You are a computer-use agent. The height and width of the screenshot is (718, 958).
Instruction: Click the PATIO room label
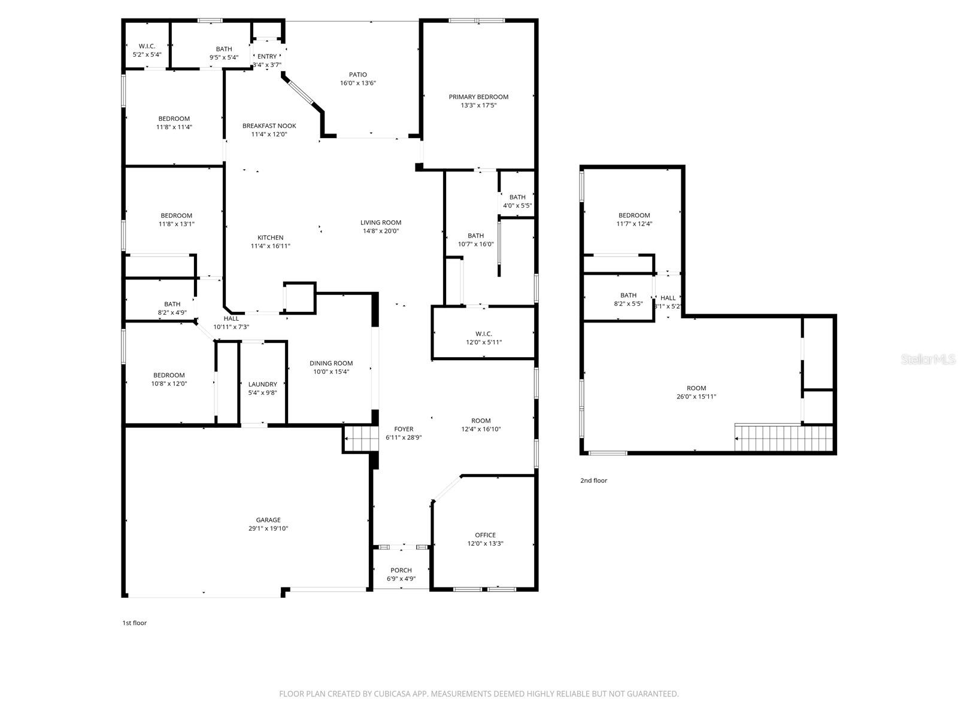click(x=358, y=75)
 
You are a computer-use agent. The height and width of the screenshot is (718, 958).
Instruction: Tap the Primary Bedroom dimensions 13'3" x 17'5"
click(x=478, y=105)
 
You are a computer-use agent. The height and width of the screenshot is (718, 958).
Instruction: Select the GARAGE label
click(x=268, y=520)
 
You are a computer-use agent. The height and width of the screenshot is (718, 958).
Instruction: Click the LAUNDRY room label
click(x=262, y=384)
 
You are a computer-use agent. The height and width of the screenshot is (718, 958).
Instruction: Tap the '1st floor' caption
click(x=135, y=623)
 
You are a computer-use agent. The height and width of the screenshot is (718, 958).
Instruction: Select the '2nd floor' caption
click(x=593, y=480)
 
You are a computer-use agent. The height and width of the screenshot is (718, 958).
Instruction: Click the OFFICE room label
click(x=485, y=535)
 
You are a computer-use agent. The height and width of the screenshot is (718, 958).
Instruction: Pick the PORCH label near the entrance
click(x=401, y=570)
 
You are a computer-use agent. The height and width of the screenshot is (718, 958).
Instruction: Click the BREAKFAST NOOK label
click(x=269, y=126)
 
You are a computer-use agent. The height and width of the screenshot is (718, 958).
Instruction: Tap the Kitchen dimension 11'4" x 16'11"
click(x=270, y=246)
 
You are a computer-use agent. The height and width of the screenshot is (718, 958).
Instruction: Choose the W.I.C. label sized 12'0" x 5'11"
click(x=483, y=334)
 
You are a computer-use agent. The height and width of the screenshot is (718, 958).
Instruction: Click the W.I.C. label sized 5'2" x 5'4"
click(x=147, y=46)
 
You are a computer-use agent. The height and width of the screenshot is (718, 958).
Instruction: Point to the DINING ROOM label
click(x=331, y=363)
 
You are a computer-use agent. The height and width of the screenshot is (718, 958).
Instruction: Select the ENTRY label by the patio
click(x=267, y=56)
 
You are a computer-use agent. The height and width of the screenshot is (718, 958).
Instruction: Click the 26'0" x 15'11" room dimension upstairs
click(x=696, y=396)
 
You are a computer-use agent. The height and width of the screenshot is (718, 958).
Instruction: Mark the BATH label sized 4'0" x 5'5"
click(x=517, y=197)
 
